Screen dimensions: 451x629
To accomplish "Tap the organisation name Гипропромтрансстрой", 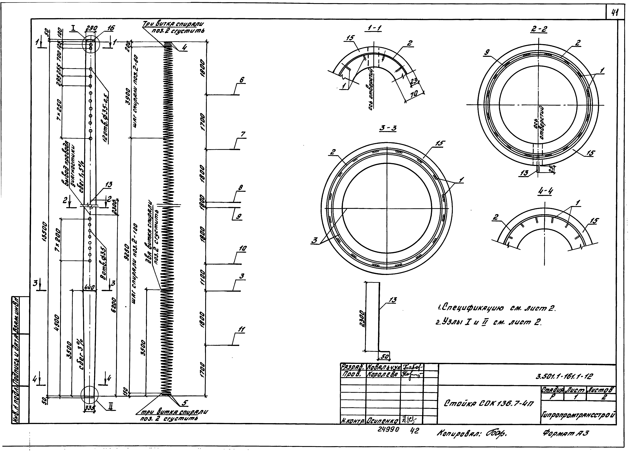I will [578, 415].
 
